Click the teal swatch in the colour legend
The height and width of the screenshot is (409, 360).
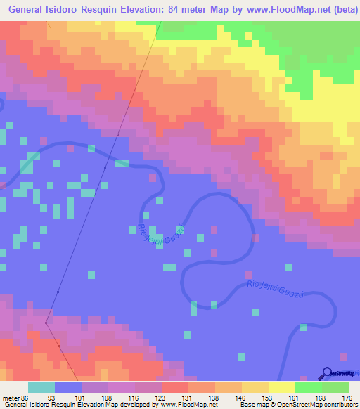[x=41, y=387]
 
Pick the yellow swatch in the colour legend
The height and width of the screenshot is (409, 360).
[x=255, y=387]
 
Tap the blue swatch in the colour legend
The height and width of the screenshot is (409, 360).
[x=68, y=387]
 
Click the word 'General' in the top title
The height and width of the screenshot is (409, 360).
[x=31, y=9]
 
